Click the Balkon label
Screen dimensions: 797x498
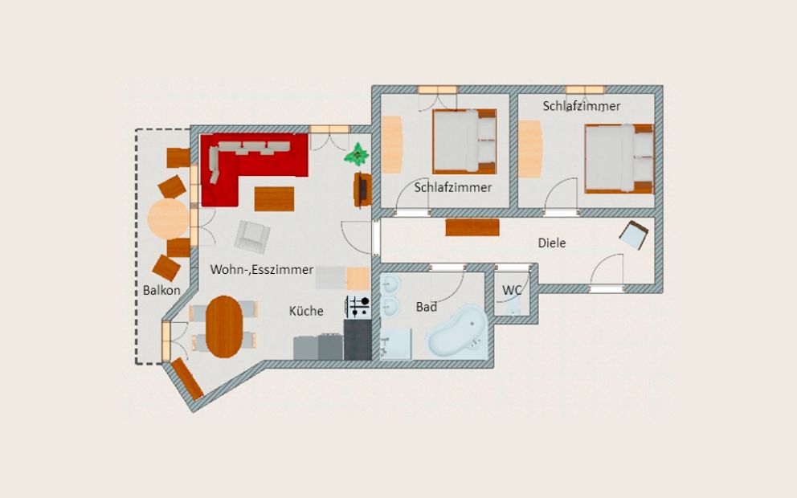pyautogui.click(x=161, y=291)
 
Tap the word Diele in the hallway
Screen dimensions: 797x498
pyautogui.click(x=552, y=243)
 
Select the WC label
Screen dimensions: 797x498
pyautogui.click(x=512, y=291)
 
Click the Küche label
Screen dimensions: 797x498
pyautogui.click(x=306, y=311)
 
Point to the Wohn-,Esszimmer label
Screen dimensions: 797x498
pyautogui.click(x=262, y=270)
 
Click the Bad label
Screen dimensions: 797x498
pyautogui.click(x=426, y=307)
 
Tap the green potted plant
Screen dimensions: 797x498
pyautogui.click(x=357, y=154)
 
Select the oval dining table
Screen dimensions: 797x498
pyautogui.click(x=224, y=327)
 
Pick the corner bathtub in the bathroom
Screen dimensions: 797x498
pyautogui.click(x=458, y=333)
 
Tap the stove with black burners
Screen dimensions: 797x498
pyautogui.click(x=358, y=308)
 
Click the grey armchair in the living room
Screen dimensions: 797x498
pyautogui.click(x=252, y=237)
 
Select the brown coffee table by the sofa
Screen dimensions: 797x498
pyautogui.click(x=275, y=199)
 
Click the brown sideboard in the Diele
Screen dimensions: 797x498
pyautogui.click(x=472, y=227)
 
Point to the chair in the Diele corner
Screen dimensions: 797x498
pyautogui.click(x=634, y=235)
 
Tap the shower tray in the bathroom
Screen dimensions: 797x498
pyautogui.click(x=396, y=344)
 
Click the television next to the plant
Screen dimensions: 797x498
pyautogui.click(x=362, y=190)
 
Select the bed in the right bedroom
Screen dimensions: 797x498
pyautogui.click(x=619, y=158)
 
